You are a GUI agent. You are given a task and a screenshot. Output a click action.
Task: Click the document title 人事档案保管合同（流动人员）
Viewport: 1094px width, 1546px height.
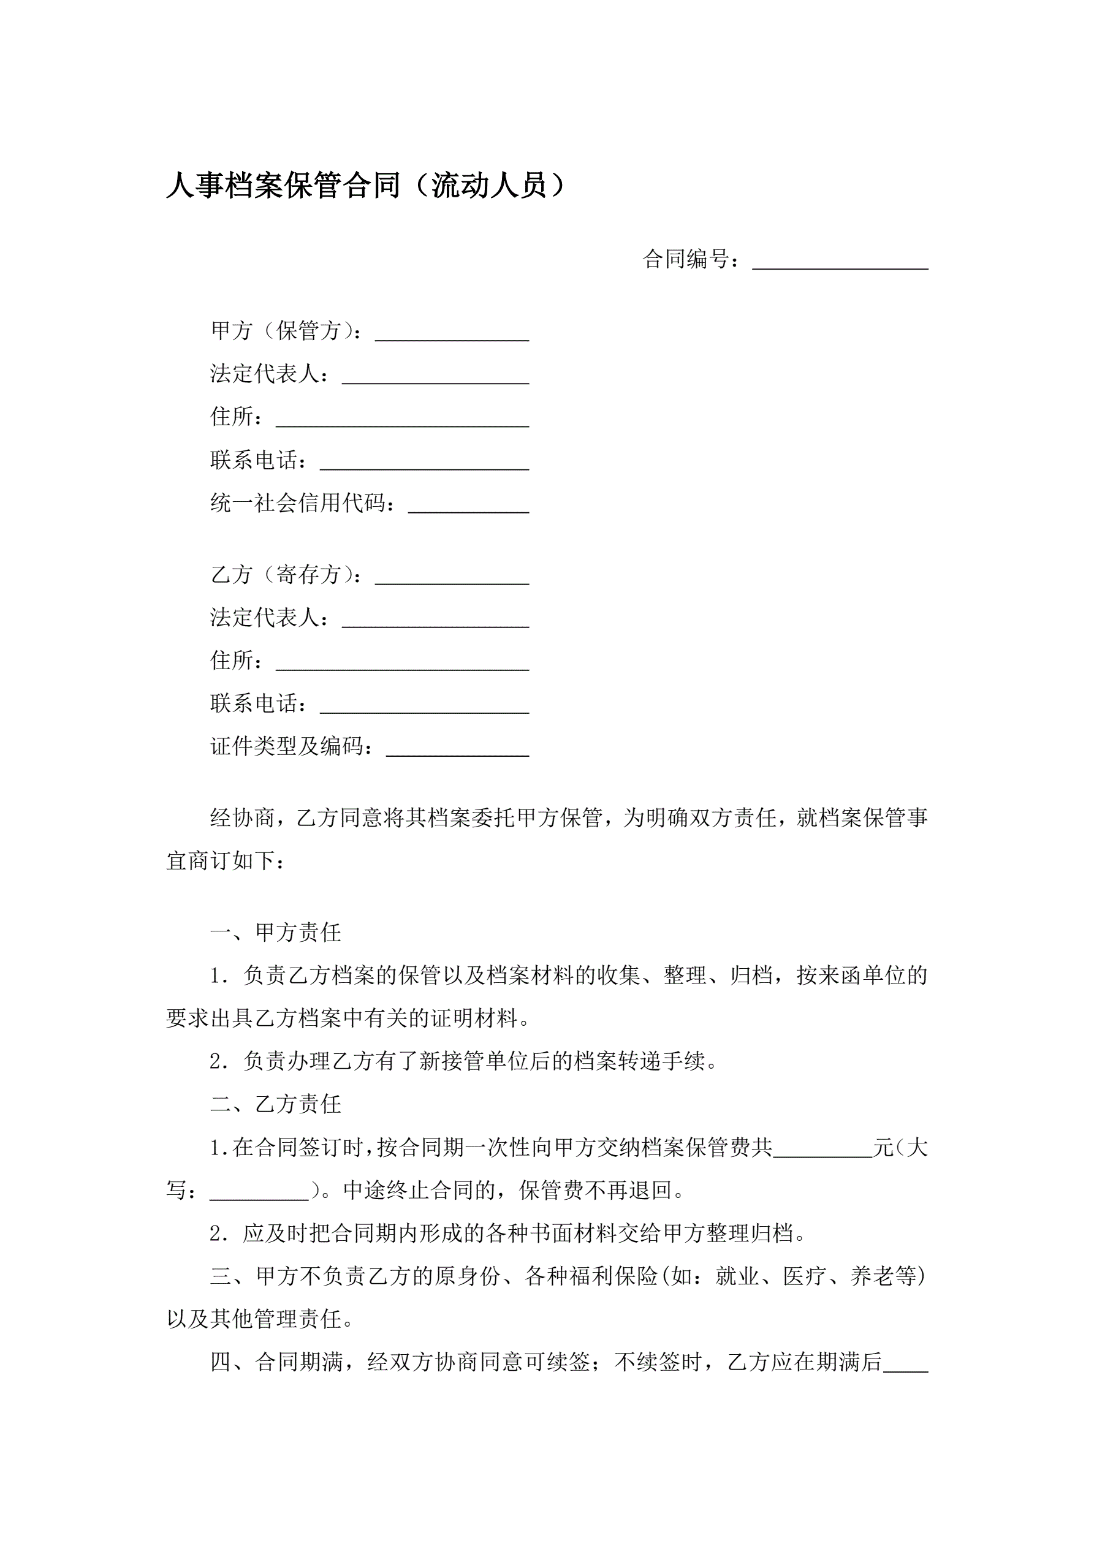click(367, 186)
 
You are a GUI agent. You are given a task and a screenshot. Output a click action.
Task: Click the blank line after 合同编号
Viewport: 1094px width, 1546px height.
click(840, 260)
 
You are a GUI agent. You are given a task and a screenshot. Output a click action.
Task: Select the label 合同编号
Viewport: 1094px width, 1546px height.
click(686, 259)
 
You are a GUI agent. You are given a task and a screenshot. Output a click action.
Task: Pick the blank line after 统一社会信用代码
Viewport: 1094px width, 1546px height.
click(468, 505)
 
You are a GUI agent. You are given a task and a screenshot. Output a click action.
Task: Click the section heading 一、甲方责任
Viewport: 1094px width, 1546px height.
click(276, 933)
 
